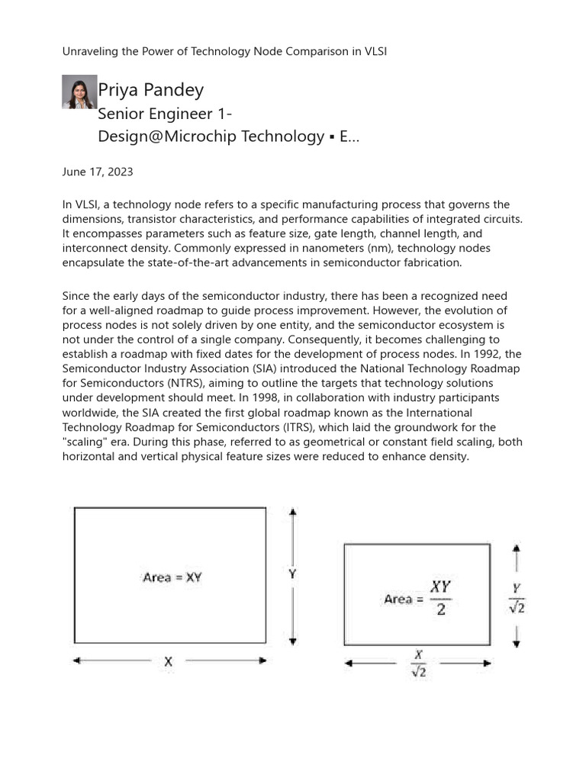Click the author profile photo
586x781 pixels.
pos(79,92)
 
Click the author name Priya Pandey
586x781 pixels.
pos(151,90)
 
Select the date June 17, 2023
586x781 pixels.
pos(97,172)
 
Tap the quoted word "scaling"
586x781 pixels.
pos(87,442)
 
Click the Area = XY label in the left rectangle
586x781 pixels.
pos(172,577)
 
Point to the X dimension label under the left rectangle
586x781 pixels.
pos(168,662)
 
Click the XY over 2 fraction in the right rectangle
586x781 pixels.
pos(440,599)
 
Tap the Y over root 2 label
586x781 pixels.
pos(517,597)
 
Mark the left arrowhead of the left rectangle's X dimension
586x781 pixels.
pos(77,662)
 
